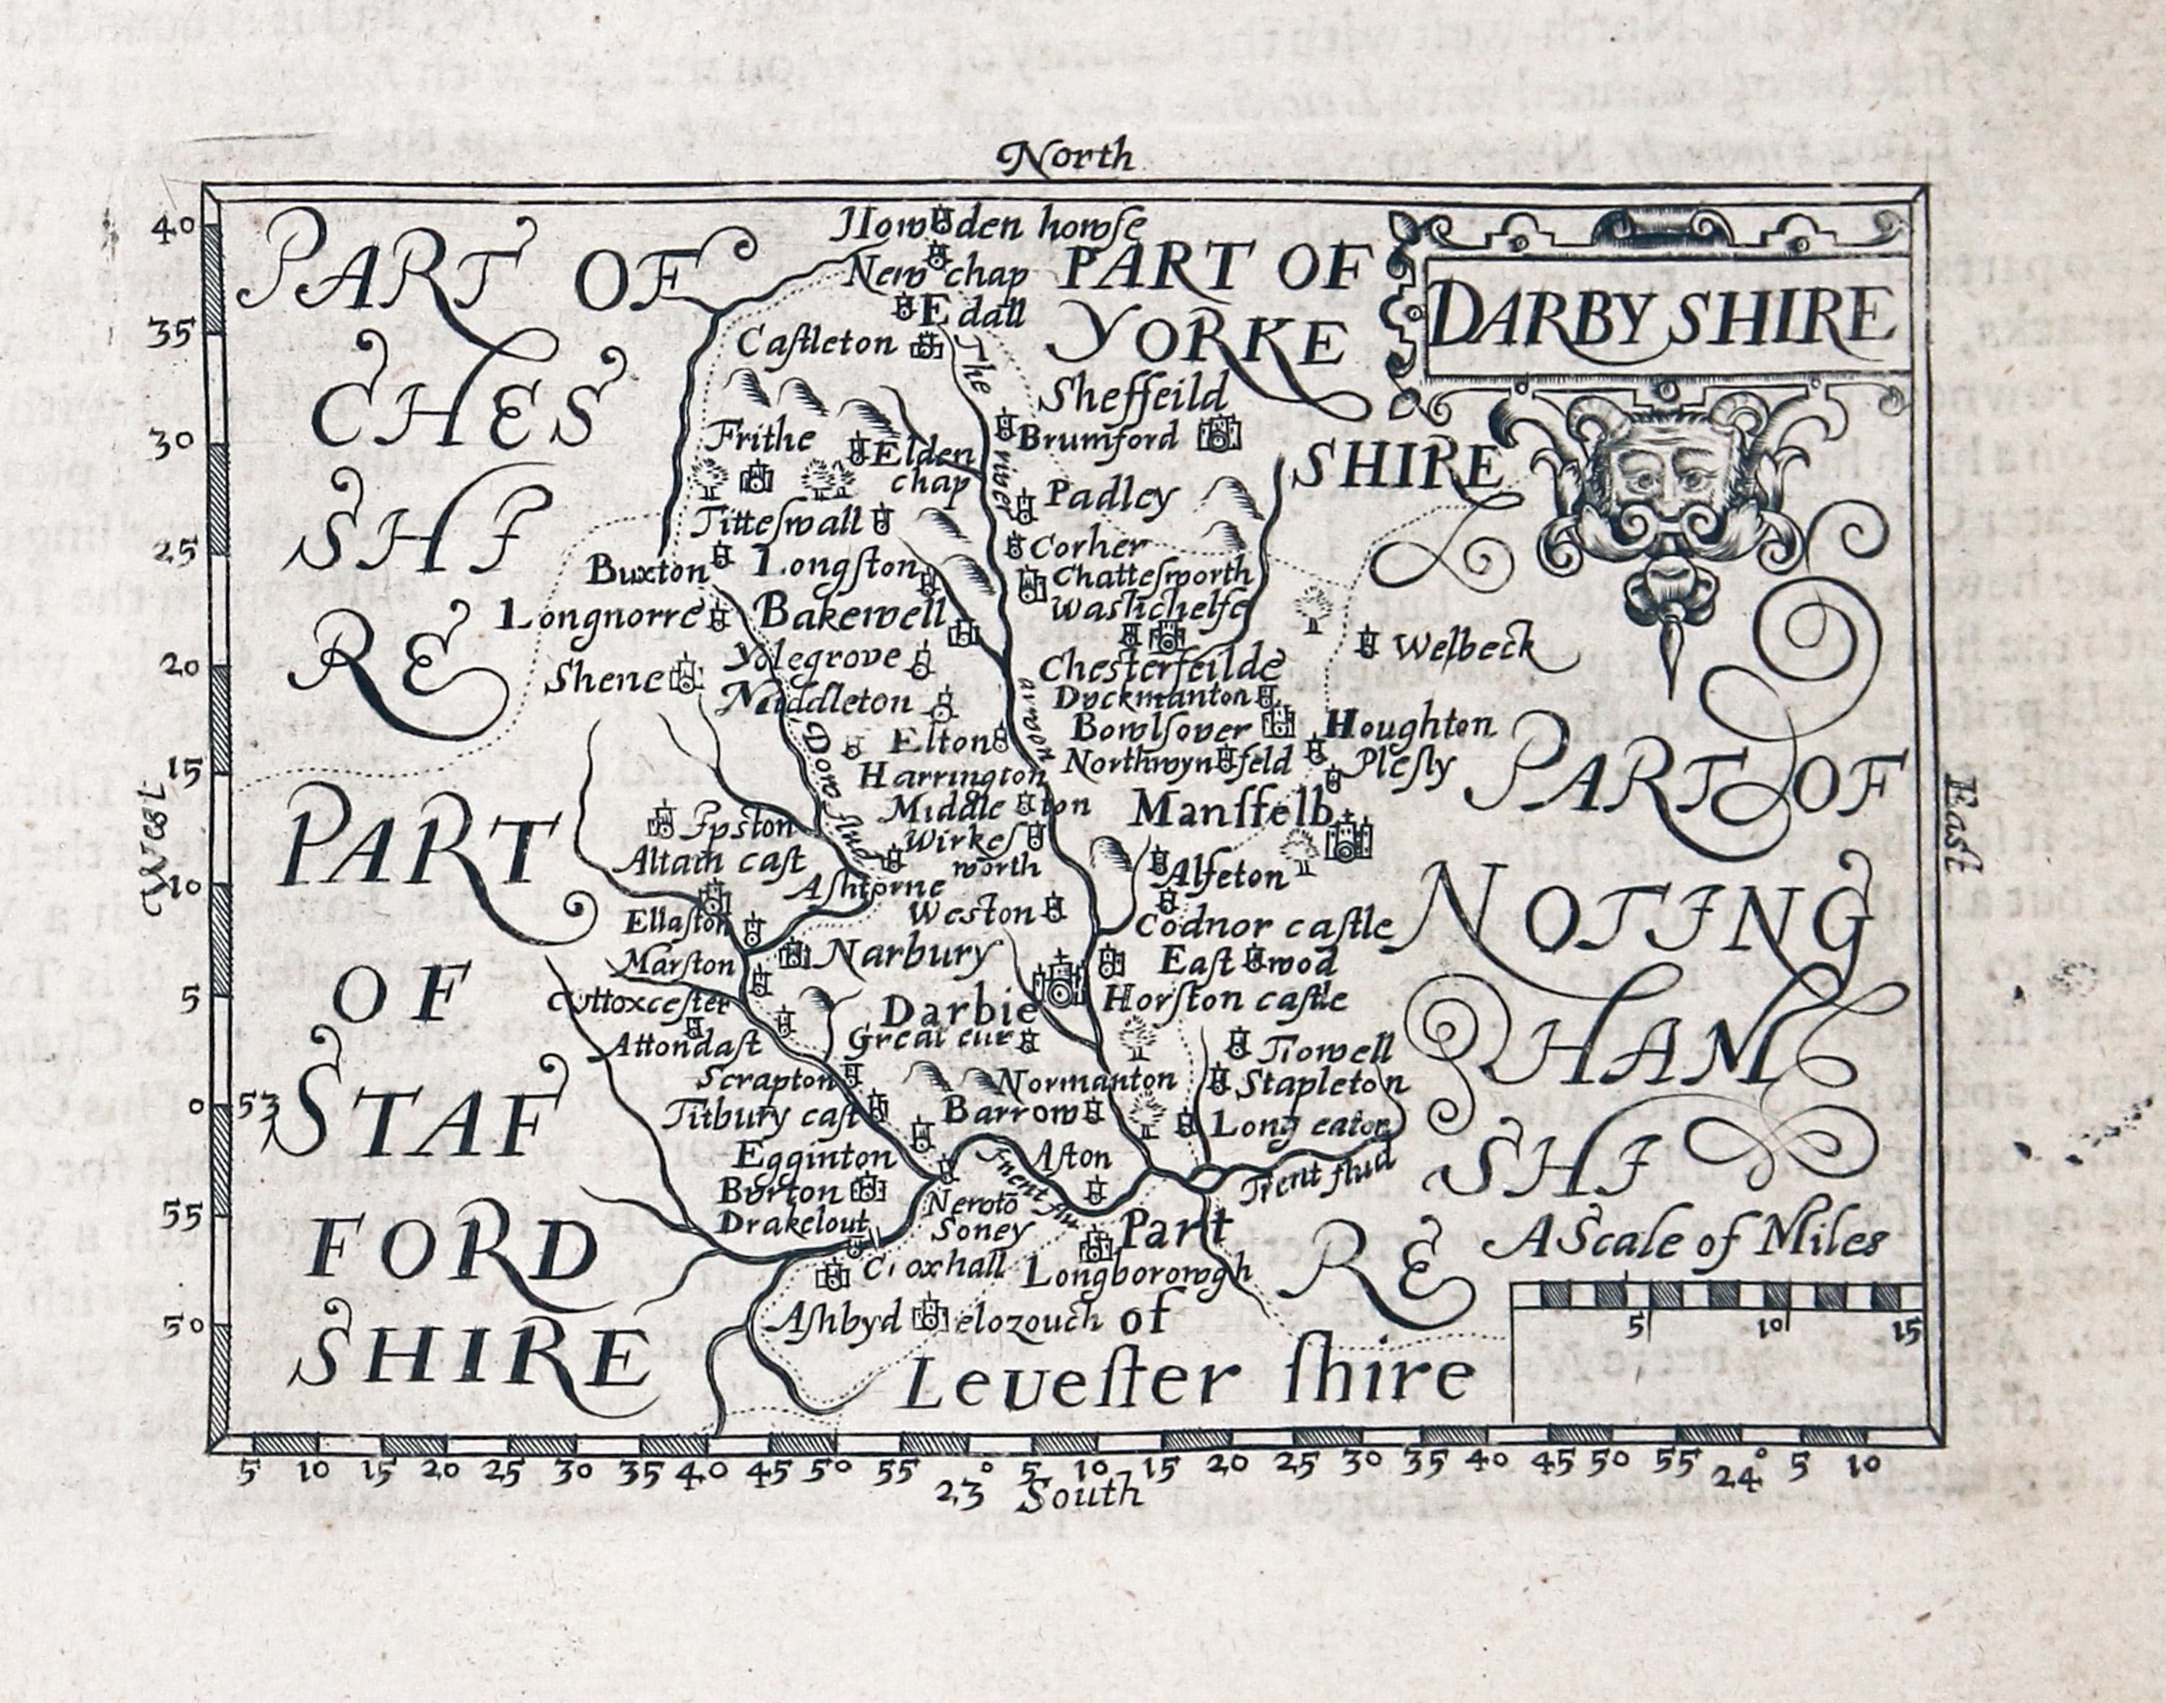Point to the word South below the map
tap(1082, 1493)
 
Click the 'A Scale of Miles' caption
tap(1684, 1241)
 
